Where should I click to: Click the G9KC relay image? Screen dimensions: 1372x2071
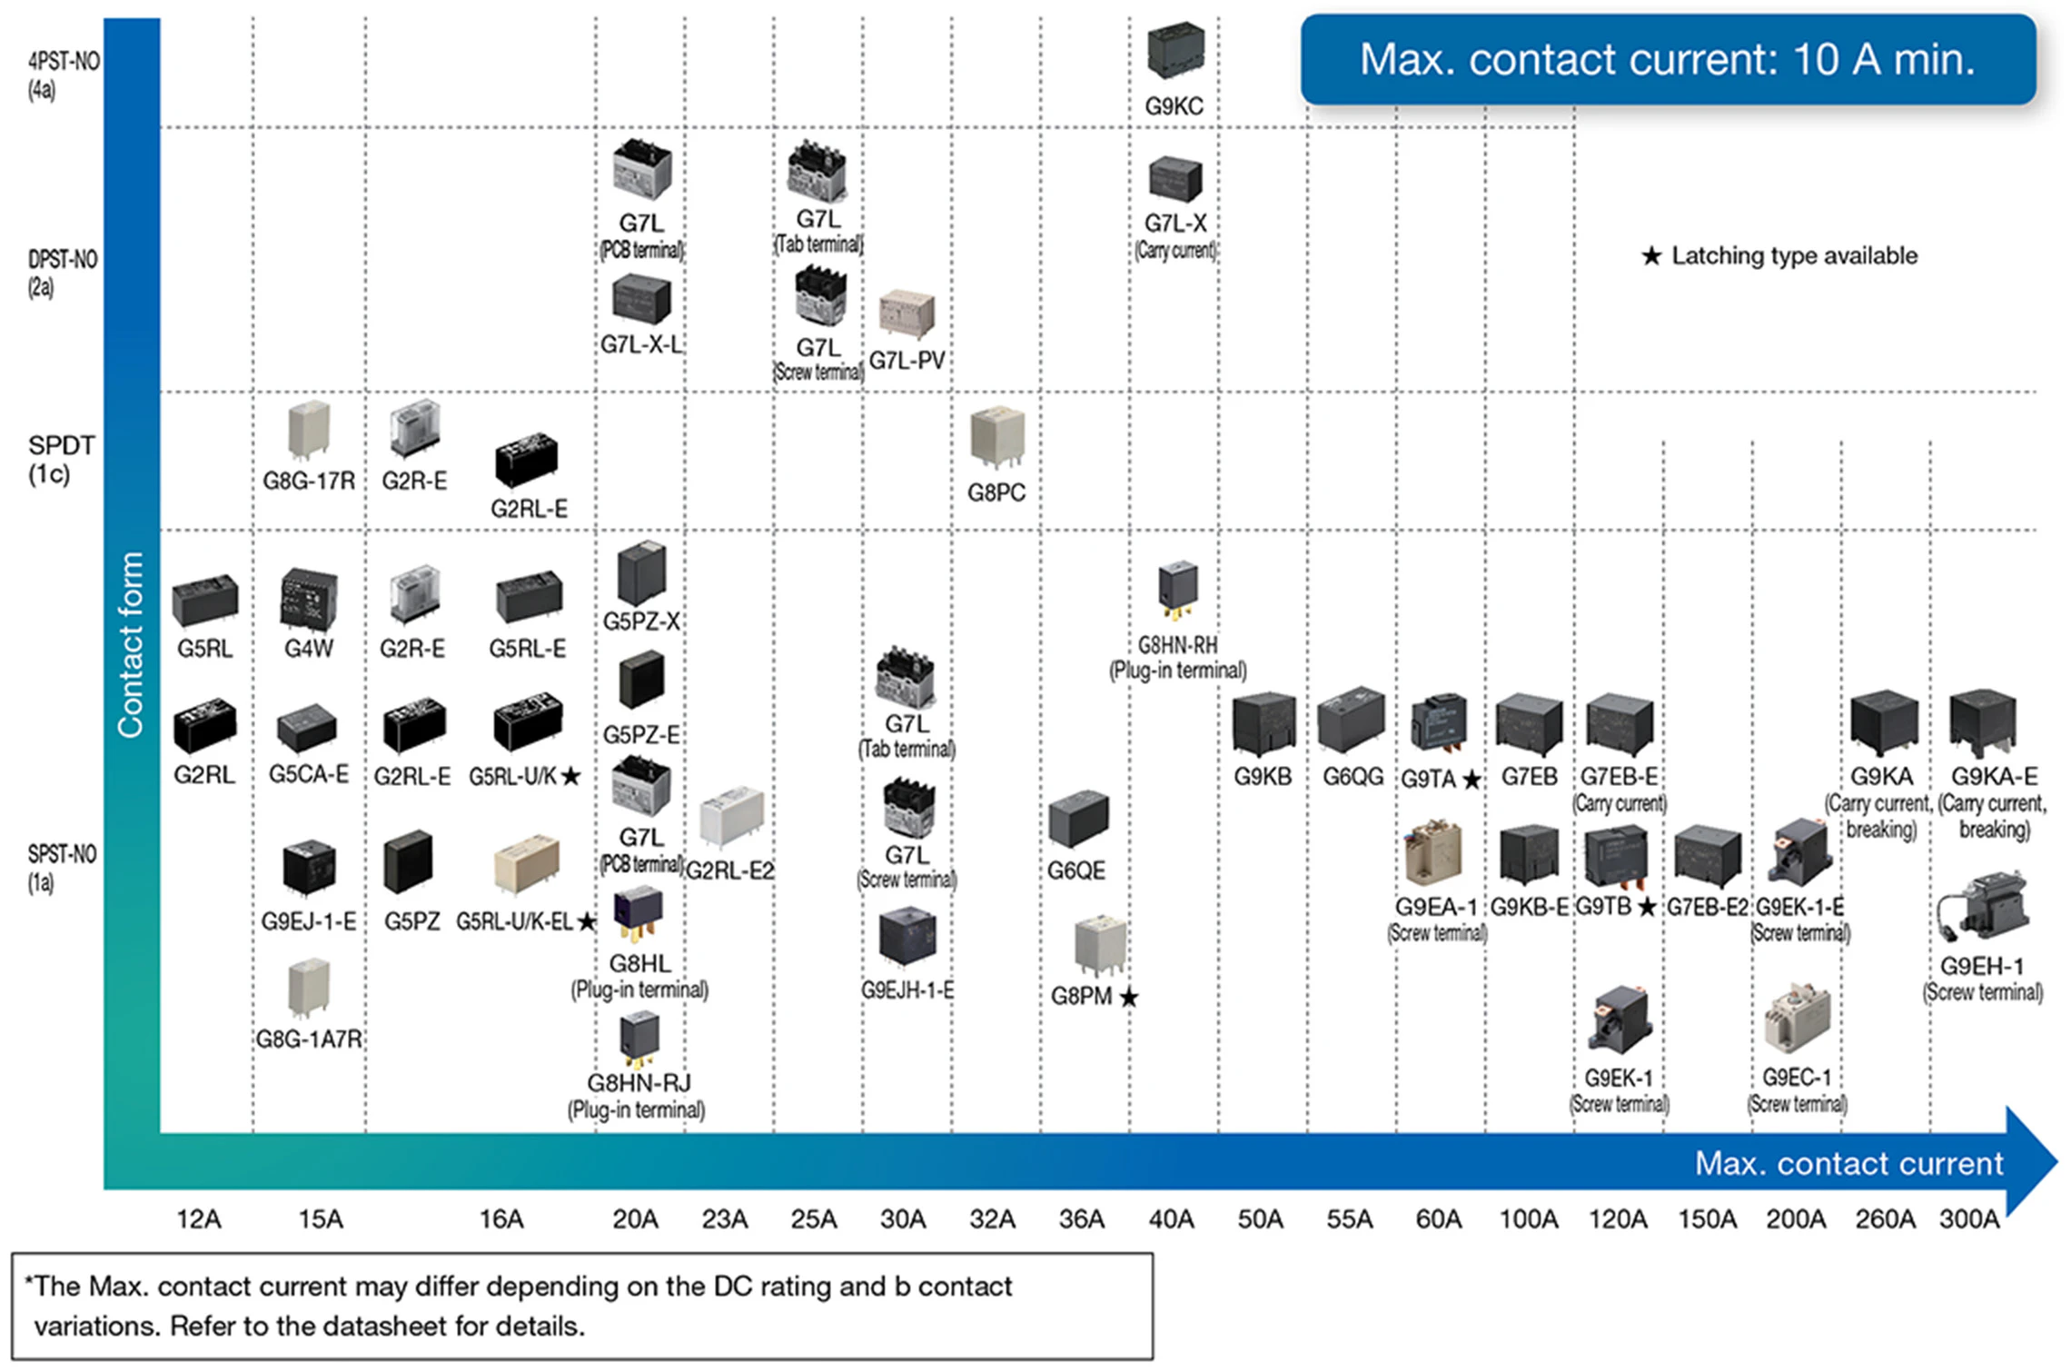[1175, 50]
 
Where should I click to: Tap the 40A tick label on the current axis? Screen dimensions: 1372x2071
[1171, 1218]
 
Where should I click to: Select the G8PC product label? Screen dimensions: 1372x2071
[996, 492]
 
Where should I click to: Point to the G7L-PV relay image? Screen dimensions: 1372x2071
[907, 313]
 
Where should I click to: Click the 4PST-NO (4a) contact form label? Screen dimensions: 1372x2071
[63, 75]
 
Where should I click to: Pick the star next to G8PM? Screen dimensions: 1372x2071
[1129, 998]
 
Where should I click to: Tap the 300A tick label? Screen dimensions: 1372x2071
[1969, 1218]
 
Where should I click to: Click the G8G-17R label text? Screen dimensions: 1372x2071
[309, 481]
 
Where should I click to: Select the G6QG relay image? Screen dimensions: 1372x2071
[1351, 721]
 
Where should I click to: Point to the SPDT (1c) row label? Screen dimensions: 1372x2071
[61, 459]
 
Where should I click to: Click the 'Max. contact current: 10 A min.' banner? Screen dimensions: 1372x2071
[1667, 60]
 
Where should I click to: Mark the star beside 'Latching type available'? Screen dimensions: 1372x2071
[1651, 256]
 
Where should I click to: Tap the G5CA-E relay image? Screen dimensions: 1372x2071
[307, 728]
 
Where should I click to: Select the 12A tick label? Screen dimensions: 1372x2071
[199, 1218]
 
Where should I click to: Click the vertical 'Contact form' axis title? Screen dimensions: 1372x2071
[131, 644]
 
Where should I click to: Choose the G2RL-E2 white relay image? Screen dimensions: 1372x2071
[731, 816]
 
